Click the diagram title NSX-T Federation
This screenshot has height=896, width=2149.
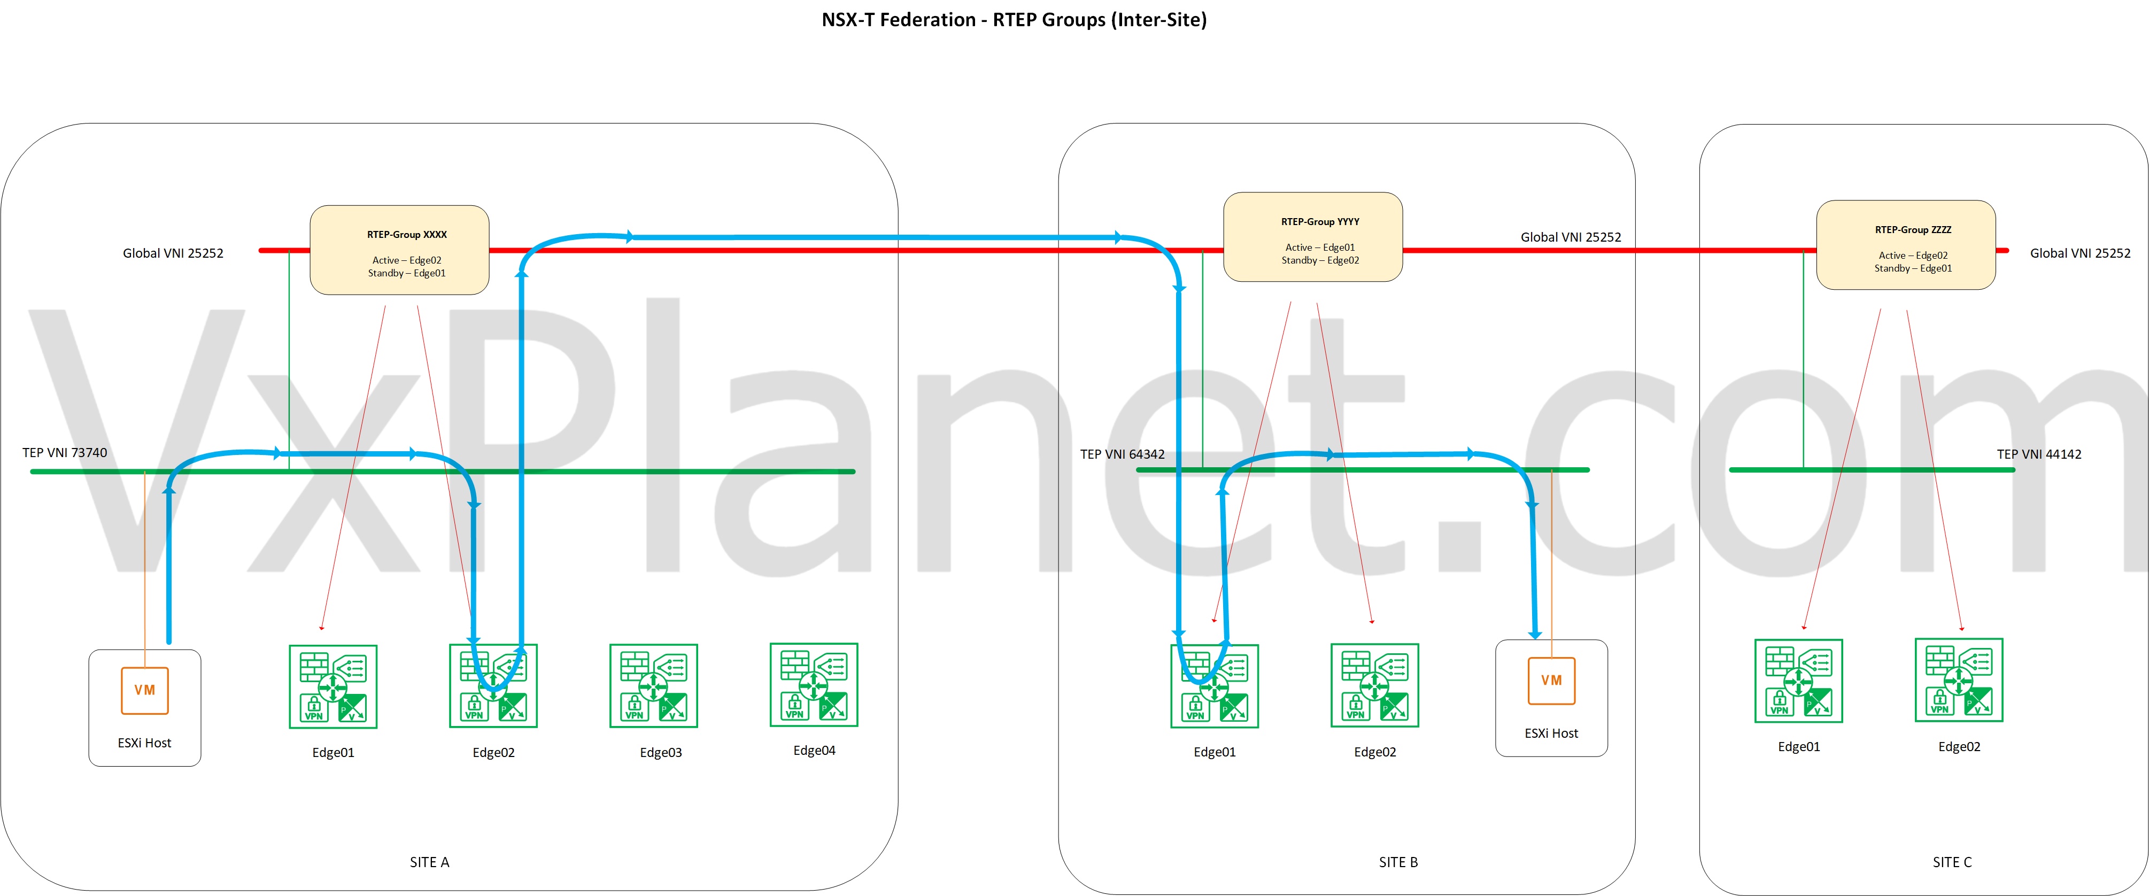(x=1014, y=20)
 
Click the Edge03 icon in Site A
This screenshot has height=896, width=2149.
(x=653, y=686)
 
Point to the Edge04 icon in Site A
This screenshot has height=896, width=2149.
(x=814, y=684)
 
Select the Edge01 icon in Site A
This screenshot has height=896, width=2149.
(x=333, y=686)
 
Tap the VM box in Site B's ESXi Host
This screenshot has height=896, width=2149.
(x=1551, y=681)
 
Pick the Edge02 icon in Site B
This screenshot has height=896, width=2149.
(x=1374, y=686)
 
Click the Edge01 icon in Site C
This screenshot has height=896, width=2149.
(x=1798, y=681)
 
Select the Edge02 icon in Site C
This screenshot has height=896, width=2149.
(x=1958, y=680)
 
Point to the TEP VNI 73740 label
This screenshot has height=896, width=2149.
(x=65, y=453)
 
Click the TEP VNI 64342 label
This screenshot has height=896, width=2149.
(x=1122, y=454)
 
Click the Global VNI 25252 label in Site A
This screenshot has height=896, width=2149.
(x=173, y=253)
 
